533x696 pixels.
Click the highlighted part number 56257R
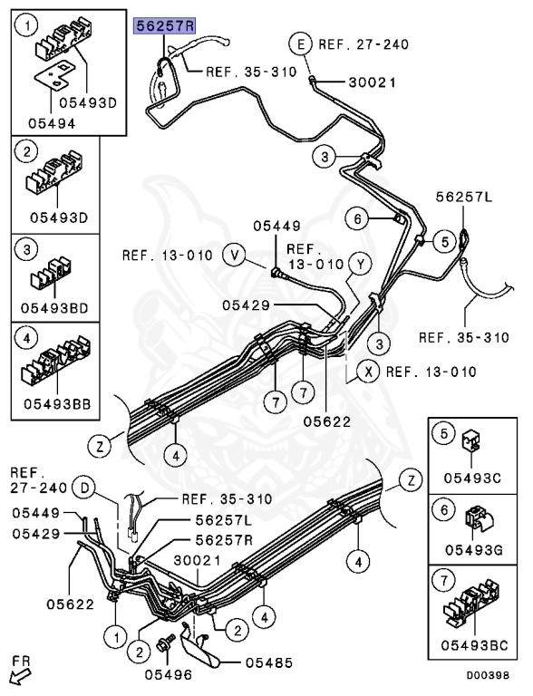[165, 26]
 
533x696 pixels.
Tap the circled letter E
[302, 44]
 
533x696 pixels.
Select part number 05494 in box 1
[52, 123]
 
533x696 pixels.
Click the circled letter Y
[360, 265]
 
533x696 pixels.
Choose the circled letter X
[368, 372]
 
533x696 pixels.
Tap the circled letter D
[85, 488]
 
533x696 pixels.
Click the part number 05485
[269, 663]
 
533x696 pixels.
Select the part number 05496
[169, 674]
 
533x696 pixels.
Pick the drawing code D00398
[488, 675]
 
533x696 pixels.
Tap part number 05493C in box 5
[472, 478]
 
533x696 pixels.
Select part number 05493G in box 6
[474, 550]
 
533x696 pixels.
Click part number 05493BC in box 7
[474, 645]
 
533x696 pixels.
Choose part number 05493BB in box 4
[57, 404]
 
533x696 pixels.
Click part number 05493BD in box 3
[54, 307]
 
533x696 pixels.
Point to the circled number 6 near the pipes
[357, 218]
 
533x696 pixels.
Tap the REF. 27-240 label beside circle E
[363, 44]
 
